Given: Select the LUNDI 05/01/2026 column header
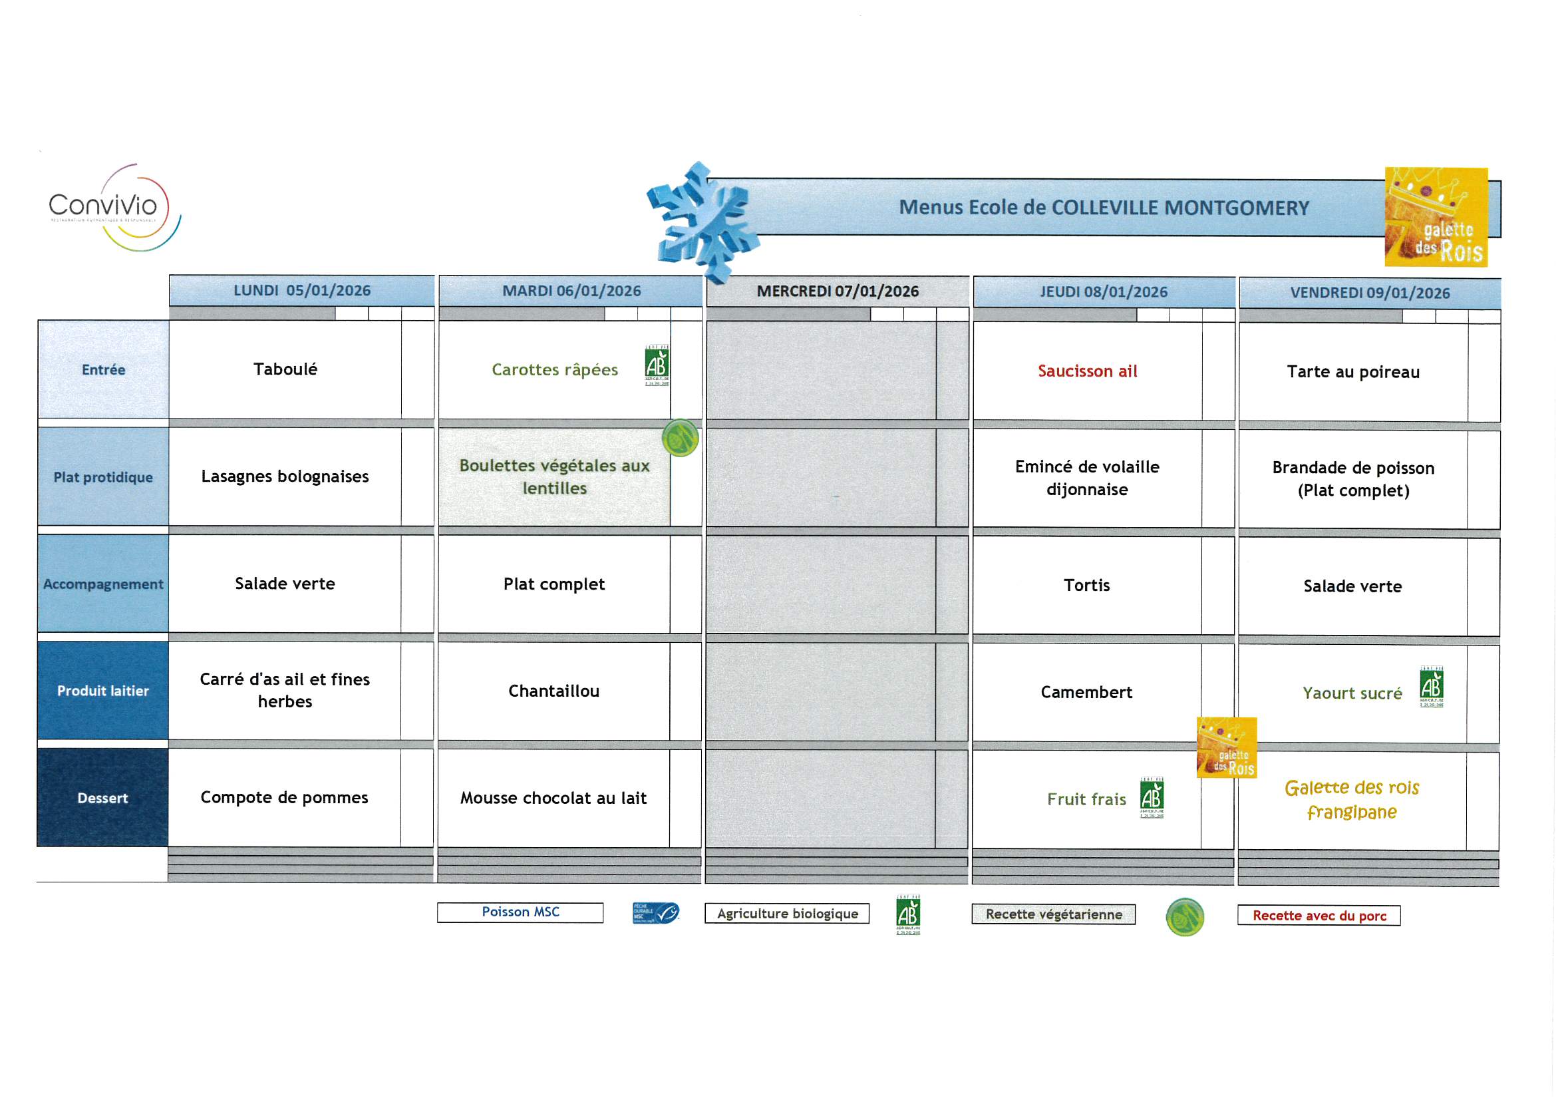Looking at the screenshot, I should pos(301,291).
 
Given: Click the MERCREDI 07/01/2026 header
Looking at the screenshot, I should pos(837,291).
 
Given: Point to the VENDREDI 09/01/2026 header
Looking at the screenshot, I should pos(1369,293).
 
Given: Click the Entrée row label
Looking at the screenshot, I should pos(103,369).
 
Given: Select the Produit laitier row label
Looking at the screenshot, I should pos(103,691).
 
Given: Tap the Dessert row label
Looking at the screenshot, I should pos(102,798).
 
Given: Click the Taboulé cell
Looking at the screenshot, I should pos(285,369).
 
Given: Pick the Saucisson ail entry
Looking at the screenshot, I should pos(1087,371).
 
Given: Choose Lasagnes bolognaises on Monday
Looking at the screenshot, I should pos(285,476).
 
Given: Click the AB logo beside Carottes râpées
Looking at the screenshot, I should pos(656,365).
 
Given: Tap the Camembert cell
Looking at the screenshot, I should pos(1086,692).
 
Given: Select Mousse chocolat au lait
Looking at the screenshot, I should pos(553,798).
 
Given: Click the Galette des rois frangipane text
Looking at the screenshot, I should pos(1351,800).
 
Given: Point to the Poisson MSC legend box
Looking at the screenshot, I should pos(520,912).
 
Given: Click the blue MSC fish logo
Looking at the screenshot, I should pos(655,913).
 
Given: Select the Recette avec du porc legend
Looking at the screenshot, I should pos(1318,916).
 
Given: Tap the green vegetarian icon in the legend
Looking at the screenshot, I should pos(1184,916).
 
